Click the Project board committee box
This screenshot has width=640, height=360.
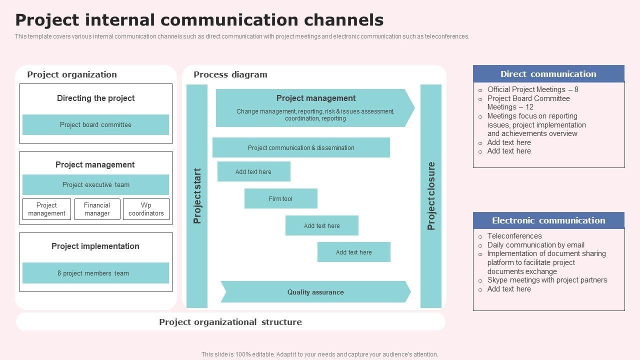click(x=95, y=124)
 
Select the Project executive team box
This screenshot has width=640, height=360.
click(x=95, y=184)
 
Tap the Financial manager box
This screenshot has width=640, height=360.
click(x=97, y=209)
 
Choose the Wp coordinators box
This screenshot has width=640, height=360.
click(x=146, y=209)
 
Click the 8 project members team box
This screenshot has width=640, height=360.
click(x=95, y=273)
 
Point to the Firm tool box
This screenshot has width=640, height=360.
click(x=281, y=198)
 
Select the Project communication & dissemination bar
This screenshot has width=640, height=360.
click(x=301, y=147)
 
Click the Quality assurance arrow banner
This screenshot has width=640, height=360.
click(x=315, y=291)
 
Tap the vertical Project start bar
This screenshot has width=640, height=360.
click(x=197, y=196)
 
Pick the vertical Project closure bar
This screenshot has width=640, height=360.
click(x=431, y=196)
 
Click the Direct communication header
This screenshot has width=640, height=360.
click(x=548, y=73)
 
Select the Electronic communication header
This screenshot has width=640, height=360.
click(x=548, y=220)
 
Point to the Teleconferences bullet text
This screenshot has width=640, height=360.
click(x=514, y=236)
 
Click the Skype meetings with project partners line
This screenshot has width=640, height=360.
click(x=547, y=280)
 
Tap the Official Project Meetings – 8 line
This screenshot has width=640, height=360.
click(x=533, y=89)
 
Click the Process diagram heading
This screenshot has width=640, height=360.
click(x=230, y=74)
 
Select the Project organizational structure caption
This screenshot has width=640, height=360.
click(x=230, y=322)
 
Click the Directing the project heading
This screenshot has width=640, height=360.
click(x=95, y=98)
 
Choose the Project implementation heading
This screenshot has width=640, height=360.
click(x=95, y=246)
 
